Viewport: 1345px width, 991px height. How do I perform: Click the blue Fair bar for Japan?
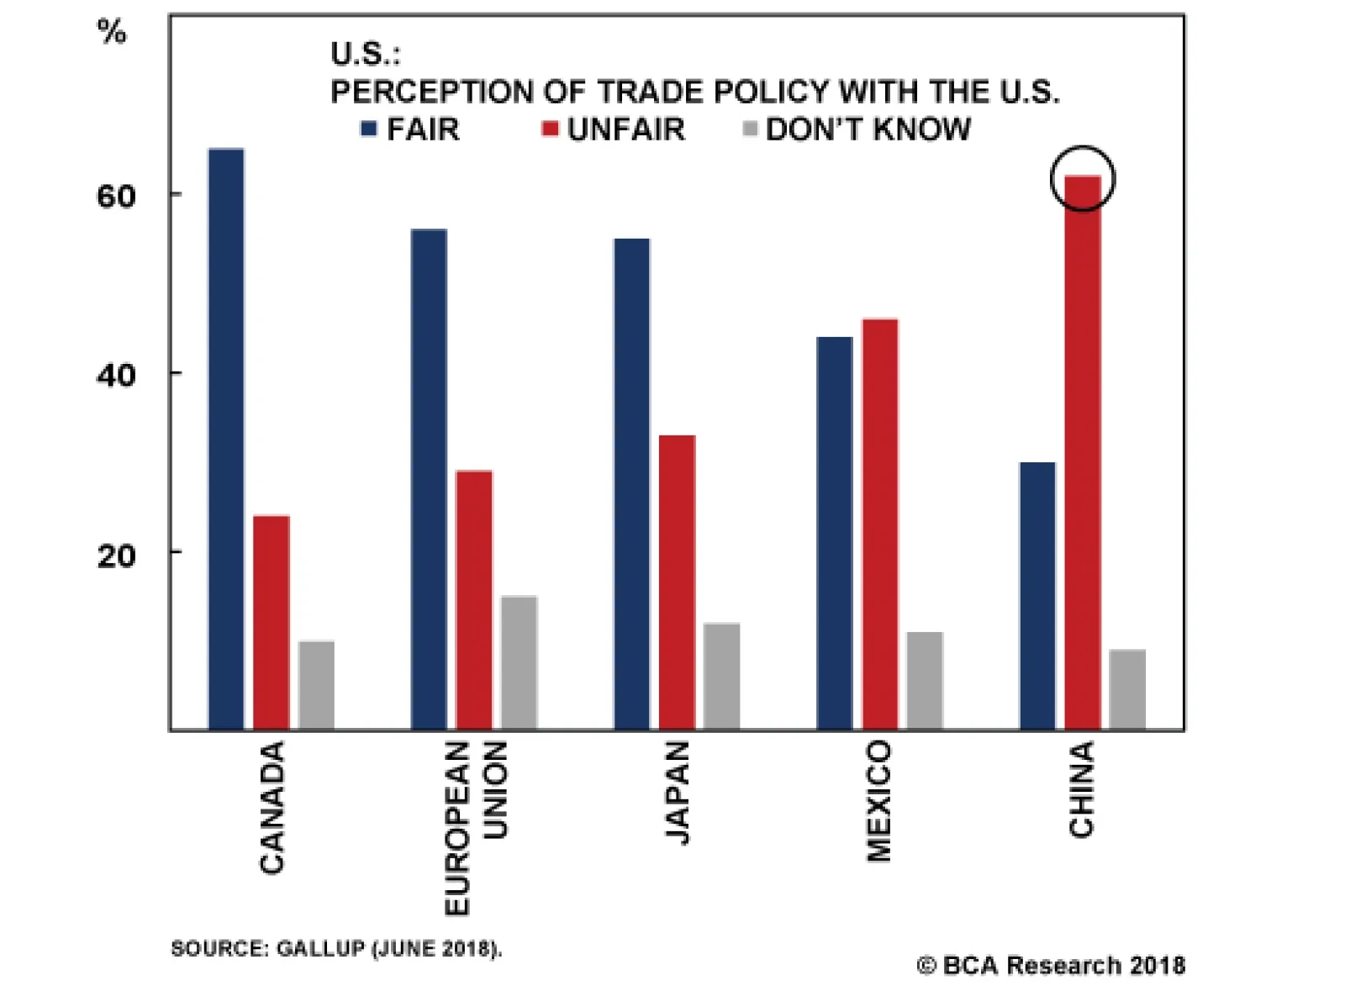[631, 484]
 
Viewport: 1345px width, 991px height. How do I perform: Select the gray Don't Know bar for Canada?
[316, 685]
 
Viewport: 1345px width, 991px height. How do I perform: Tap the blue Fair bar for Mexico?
[834, 533]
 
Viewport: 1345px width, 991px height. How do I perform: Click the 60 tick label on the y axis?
[116, 196]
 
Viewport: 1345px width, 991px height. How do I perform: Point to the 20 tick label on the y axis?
[116, 555]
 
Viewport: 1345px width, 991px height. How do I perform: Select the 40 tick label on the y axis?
[116, 375]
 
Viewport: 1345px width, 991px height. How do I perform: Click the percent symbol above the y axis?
[112, 33]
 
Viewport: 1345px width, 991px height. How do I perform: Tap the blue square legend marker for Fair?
[368, 129]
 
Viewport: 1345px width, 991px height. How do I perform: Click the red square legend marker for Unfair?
[550, 129]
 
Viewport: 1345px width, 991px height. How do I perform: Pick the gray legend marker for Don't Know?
[750, 129]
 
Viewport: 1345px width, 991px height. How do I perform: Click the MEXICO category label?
[878, 801]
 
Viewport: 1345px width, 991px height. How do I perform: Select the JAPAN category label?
[677, 792]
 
